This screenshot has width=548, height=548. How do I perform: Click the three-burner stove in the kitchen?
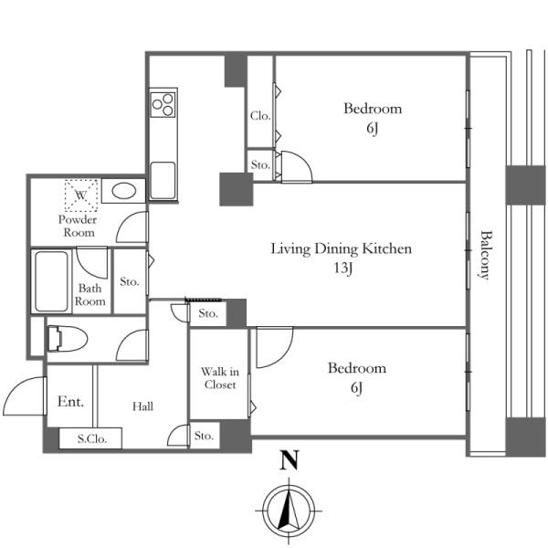(163, 104)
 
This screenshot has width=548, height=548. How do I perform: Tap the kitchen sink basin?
(163, 180)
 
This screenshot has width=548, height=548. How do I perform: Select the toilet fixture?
(68, 339)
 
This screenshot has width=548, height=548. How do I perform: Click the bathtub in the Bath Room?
(51, 281)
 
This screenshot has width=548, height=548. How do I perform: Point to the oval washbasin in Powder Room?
(124, 192)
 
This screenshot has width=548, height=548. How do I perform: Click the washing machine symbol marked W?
(81, 195)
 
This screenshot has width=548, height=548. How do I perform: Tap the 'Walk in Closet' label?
(220, 378)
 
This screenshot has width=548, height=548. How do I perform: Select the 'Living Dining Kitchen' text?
(341, 248)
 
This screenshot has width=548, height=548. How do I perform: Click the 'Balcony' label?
(485, 255)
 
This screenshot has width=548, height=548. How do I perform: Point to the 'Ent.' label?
(70, 401)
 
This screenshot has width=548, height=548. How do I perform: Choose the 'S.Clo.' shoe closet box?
(90, 438)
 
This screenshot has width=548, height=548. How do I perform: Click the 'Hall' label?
(142, 406)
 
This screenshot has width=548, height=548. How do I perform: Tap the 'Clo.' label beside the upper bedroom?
(260, 116)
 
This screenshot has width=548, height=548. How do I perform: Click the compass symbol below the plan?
(289, 511)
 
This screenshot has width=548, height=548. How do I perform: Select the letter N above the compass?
(289, 460)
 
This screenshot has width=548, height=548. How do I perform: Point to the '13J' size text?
(342, 269)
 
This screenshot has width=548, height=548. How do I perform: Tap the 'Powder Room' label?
(78, 227)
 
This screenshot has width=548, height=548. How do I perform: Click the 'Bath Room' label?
(90, 295)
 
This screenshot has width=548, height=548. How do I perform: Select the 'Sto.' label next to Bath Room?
(130, 281)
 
